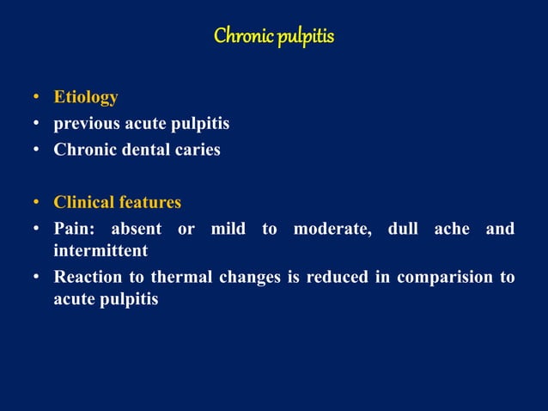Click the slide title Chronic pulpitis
(273, 37)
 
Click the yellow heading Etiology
(86, 97)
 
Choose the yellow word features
(150, 203)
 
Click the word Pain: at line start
(76, 229)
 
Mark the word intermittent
(100, 251)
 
